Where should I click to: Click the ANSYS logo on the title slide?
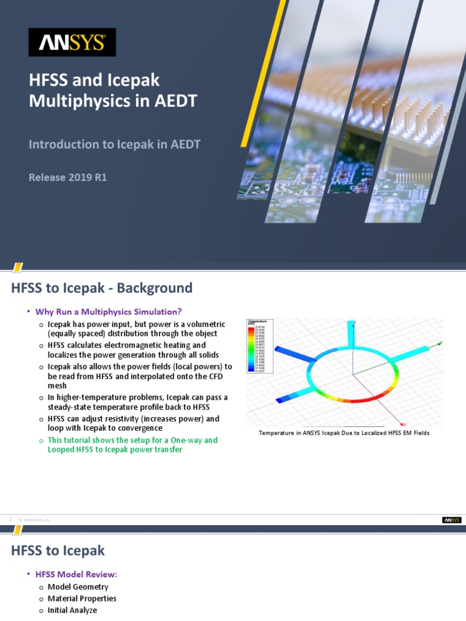(x=72, y=42)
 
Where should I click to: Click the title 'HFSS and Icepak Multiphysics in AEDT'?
(x=113, y=90)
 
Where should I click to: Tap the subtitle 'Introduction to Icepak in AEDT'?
(x=115, y=144)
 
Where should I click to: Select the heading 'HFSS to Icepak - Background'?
(x=101, y=287)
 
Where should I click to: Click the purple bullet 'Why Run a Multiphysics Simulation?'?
(x=109, y=312)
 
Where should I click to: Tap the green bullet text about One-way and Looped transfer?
(x=132, y=445)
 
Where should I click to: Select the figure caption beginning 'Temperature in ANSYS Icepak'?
(x=344, y=433)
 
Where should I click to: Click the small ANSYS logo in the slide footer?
(x=451, y=520)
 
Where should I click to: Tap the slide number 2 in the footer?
(x=10, y=520)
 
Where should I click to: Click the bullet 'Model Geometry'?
(x=78, y=586)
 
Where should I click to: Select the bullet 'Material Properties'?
(x=82, y=599)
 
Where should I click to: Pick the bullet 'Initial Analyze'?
(x=72, y=611)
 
